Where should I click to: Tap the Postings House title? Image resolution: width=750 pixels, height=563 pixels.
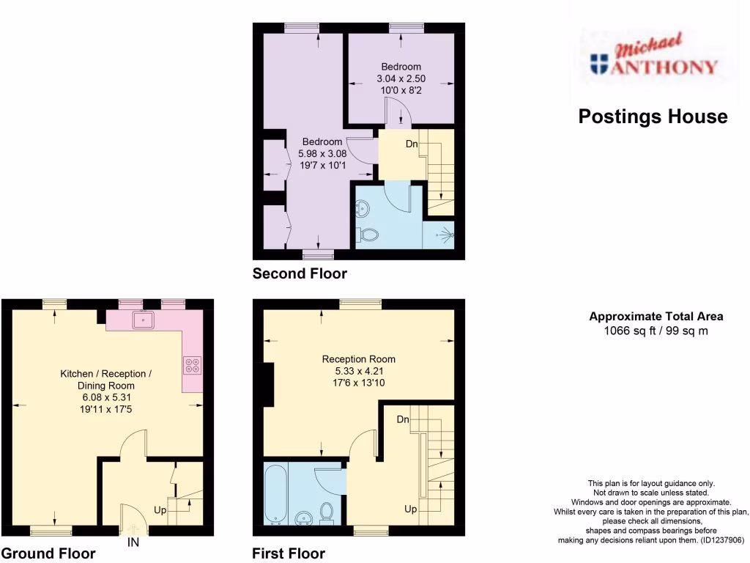pos(653,117)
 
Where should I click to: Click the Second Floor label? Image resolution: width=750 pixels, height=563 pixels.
pos(300,274)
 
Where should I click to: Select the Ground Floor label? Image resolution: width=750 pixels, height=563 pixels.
pos(48,553)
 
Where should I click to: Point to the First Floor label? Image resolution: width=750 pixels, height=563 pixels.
pos(289,553)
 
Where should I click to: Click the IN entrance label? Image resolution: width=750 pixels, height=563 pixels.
pos(133,543)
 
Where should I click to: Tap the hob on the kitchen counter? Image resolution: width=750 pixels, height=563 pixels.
pos(193,365)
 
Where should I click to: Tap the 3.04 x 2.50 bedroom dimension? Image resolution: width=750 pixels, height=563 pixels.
pos(401,78)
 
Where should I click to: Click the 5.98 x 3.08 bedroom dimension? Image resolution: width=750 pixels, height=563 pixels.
pos(322,154)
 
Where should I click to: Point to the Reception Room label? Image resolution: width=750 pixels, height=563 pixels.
pos(359,359)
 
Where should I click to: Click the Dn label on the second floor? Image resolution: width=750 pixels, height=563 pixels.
pos(412,144)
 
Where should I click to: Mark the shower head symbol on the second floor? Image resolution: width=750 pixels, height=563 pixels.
pos(444,235)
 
